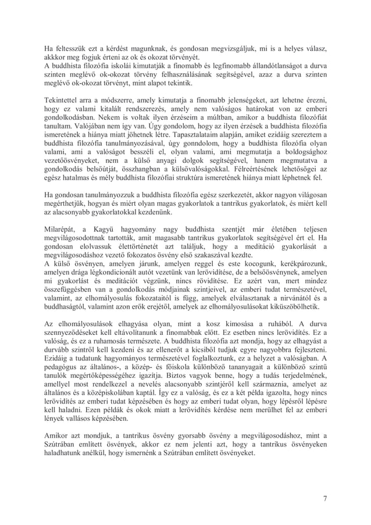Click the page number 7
click(x=325, y=497)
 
